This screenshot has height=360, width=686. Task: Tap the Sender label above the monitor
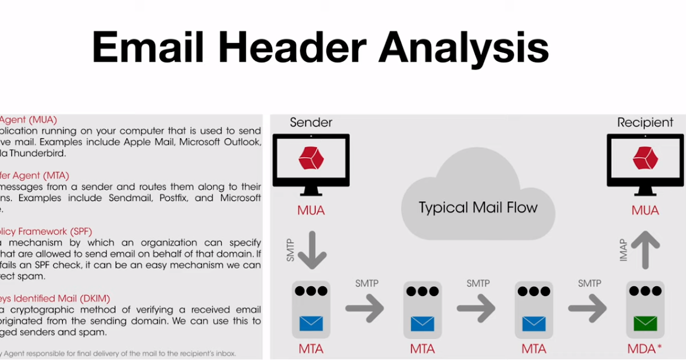311,122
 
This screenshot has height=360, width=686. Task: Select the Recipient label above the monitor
645,122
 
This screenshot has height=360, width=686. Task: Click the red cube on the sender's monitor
311,158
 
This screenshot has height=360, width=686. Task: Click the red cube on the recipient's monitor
645,158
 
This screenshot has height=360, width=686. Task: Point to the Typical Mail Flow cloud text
478,207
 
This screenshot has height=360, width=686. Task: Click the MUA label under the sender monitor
311,210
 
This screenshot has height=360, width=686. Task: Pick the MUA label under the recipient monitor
645,210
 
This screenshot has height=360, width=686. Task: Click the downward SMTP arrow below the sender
312,249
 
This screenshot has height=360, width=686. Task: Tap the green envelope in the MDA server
645,324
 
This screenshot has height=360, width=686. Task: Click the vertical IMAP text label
624,250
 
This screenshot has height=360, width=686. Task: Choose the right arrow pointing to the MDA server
587,309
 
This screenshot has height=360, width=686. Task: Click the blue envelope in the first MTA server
311,324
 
